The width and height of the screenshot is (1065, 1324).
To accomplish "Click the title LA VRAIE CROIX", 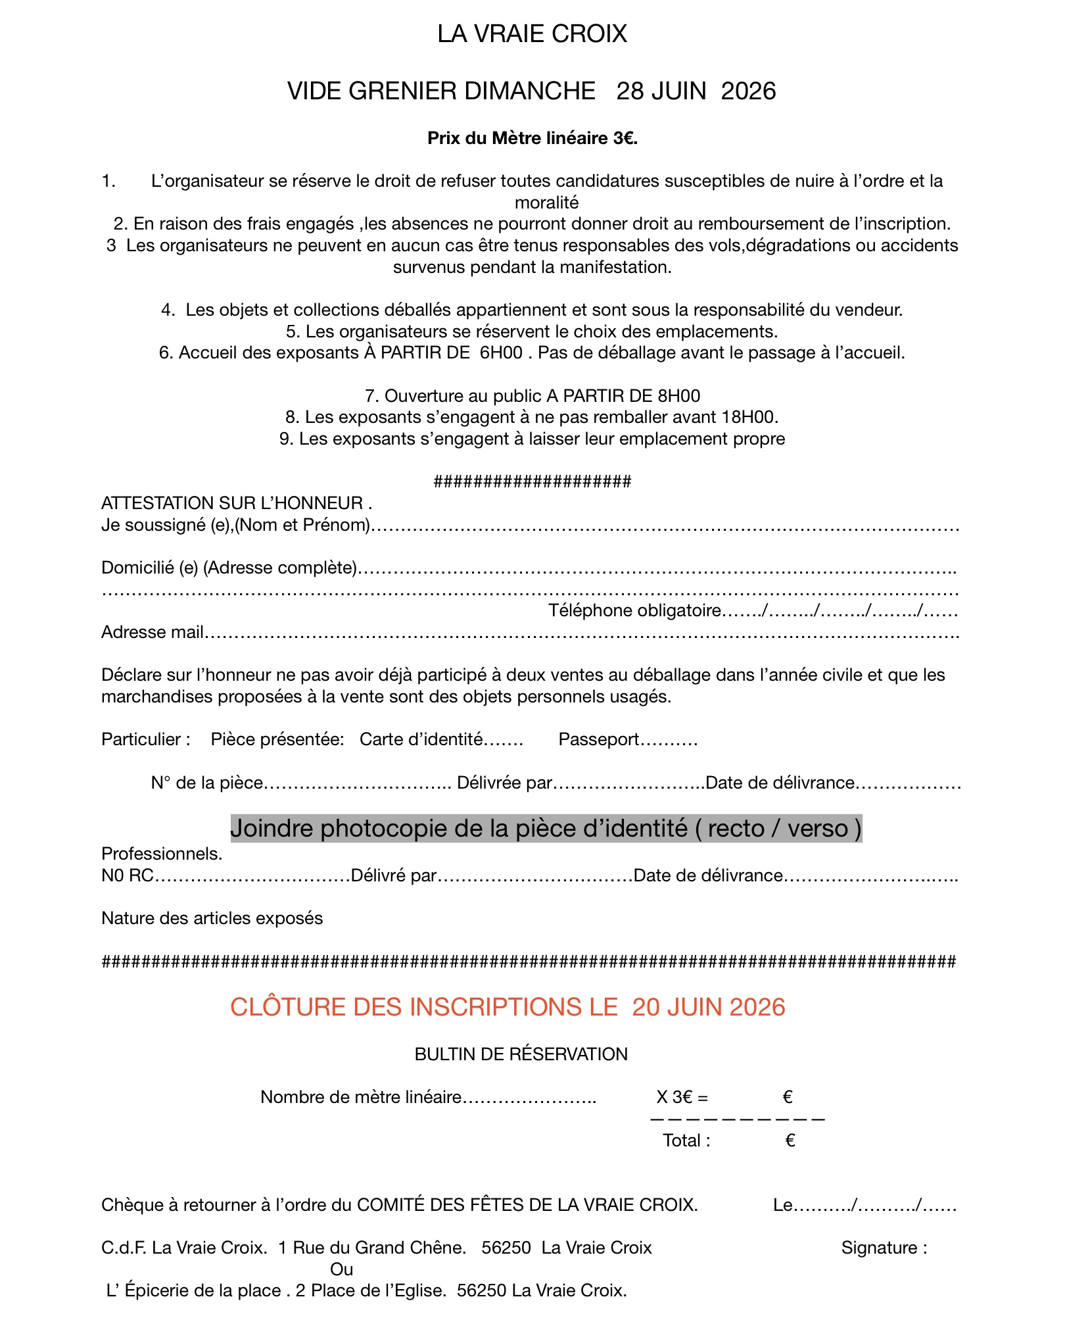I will [532, 34].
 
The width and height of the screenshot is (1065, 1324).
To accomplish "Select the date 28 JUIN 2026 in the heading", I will [696, 91].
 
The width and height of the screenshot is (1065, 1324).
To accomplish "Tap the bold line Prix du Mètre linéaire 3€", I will [532, 138].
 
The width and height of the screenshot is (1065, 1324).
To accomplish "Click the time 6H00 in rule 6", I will [501, 353].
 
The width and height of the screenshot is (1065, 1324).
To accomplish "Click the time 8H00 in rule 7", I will [678, 396].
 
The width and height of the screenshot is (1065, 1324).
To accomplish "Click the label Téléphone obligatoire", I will [634, 611].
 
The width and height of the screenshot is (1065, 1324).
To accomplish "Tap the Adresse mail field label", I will [152, 632].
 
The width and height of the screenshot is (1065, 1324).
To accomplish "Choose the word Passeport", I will [598, 740].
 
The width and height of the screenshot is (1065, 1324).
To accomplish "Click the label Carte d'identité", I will [421, 740].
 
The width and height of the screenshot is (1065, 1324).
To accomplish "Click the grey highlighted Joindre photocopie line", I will [546, 828].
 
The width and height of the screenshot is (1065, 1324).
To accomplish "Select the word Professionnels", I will [162, 854].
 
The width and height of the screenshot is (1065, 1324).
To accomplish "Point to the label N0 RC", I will [127, 875].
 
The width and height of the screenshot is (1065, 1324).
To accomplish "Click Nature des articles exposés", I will [212, 918].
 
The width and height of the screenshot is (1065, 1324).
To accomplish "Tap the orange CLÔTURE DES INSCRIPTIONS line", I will [508, 1008].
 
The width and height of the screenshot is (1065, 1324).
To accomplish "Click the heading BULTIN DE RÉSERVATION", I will [521, 1054].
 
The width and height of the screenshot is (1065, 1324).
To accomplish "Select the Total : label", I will [686, 1140].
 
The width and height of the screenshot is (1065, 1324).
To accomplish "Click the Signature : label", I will [884, 1248].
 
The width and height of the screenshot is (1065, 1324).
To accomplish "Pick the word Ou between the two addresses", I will [341, 1269].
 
